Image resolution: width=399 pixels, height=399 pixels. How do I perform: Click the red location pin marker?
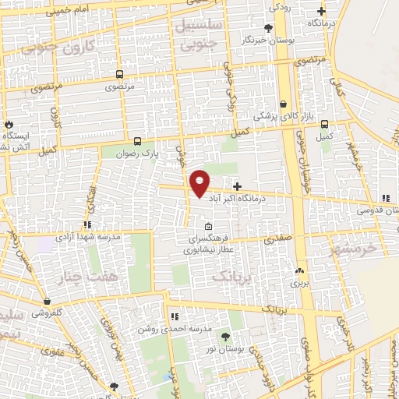coord(200,183)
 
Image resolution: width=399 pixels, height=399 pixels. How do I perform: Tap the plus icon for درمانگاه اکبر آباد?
coord(237,186)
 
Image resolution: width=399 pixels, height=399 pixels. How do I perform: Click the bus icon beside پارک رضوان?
coord(137,141)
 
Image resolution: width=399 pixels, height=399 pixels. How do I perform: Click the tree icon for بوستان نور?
coord(225,337)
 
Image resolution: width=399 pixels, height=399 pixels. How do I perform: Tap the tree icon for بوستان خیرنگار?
coord(268,28)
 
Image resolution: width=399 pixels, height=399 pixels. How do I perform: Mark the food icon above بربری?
coord(299,271)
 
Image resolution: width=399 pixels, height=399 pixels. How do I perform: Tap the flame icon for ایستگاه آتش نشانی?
coord(8,124)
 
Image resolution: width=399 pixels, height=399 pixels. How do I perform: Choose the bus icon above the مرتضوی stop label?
coord(118,75)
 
